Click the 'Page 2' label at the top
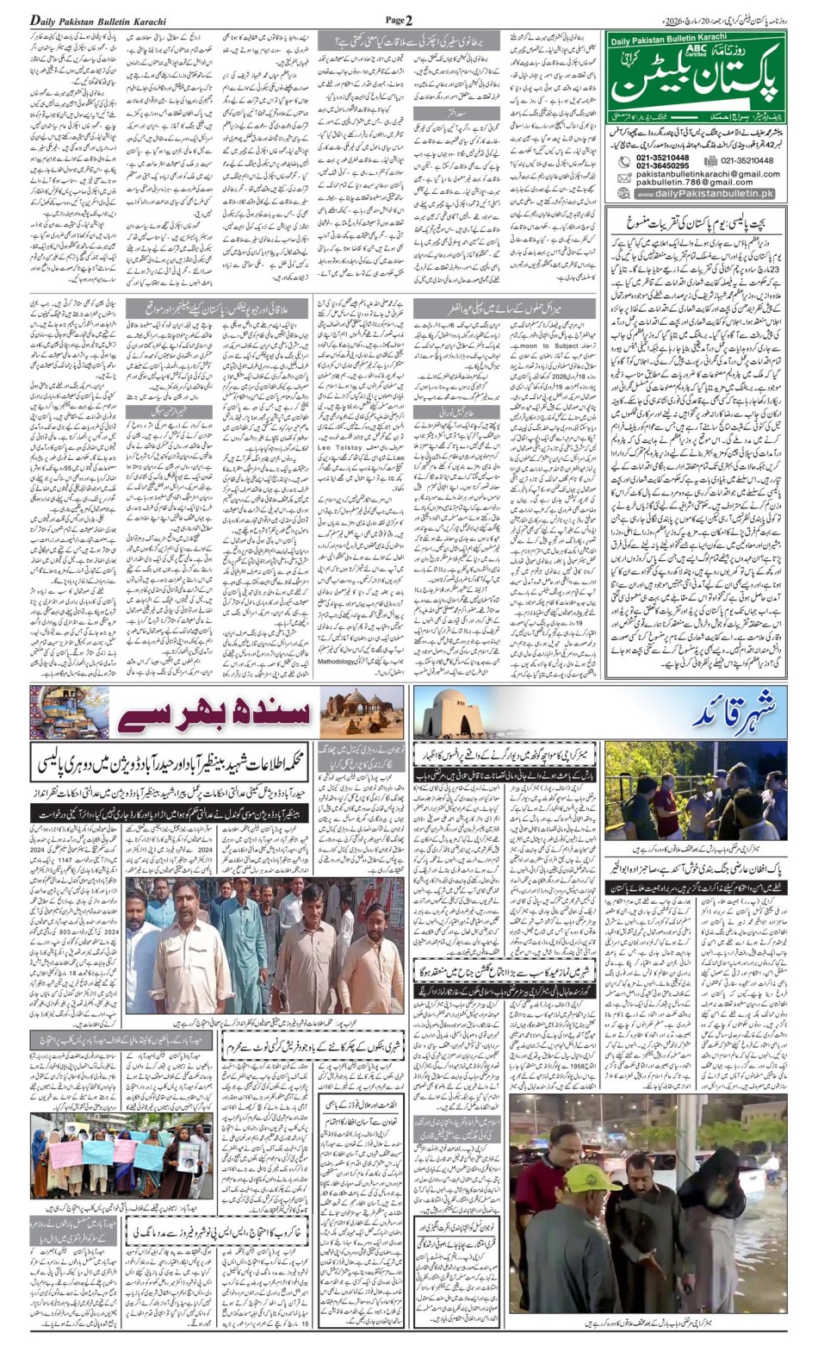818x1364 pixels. (x=399, y=20)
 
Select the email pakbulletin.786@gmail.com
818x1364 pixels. (x=694, y=183)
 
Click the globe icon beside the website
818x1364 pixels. (x=623, y=195)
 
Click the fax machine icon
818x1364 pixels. (x=710, y=160)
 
